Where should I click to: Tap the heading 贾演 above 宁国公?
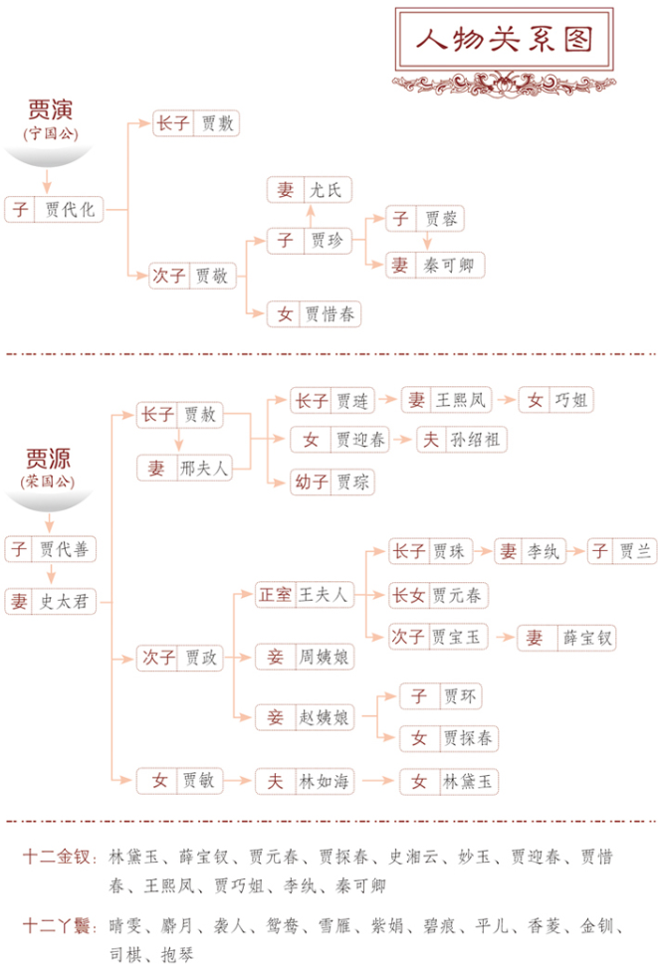[51, 109]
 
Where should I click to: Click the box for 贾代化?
[54, 209]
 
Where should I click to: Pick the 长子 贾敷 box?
[197, 123]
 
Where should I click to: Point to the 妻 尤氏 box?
[310, 189]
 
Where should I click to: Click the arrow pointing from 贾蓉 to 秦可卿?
[426, 242]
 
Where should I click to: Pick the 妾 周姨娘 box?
[305, 657]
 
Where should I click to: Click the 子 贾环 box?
[445, 695]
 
